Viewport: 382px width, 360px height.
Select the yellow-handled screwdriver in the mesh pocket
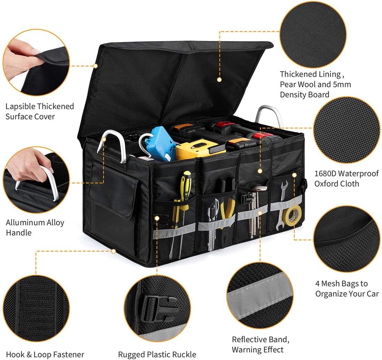point(186,185)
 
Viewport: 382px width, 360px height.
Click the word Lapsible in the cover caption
point(20,106)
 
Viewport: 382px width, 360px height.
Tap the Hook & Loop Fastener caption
point(45,355)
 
